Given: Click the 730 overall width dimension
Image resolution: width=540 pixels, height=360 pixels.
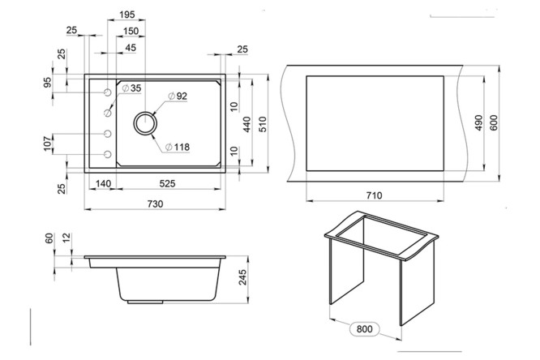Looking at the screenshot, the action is pos(155,204).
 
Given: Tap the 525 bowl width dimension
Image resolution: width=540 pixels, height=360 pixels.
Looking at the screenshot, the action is pos(167,183).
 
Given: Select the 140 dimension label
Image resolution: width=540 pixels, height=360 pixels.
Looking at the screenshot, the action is pos(103,183).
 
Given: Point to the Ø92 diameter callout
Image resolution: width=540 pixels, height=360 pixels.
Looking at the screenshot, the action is pos(178,96).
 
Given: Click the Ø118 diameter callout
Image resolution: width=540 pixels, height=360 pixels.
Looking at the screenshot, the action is pos(178,147).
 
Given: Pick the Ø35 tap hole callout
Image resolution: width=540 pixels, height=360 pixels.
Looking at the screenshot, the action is pos(131,88).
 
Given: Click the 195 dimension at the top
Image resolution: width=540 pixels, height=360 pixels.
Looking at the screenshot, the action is pos(127,15).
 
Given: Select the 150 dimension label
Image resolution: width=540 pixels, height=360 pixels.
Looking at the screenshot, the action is pos(131,31).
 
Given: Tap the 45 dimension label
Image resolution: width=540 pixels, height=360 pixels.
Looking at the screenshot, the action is pos(131,48).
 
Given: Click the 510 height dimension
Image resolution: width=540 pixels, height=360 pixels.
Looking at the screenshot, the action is pos(263,125).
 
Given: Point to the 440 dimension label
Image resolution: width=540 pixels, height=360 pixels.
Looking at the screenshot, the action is pos(247,125).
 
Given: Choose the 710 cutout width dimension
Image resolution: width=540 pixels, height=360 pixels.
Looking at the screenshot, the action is pos(375,195).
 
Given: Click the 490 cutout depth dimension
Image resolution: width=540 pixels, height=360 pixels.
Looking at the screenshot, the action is pos(478,123).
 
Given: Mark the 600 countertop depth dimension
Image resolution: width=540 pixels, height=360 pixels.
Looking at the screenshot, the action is pos(494,123).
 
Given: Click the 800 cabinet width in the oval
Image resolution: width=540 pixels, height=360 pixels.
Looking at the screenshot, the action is pos(364,329).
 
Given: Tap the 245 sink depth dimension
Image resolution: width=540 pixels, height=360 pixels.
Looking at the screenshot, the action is pos(242,277).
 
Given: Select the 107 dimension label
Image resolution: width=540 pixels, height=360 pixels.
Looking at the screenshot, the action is pos(48,144).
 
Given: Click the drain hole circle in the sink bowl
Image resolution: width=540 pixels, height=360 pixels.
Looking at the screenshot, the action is pos(145,123).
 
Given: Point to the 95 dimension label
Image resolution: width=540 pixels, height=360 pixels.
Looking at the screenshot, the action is pos(48,83).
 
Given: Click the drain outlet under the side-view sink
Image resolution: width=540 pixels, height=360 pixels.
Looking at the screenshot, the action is pos(145,302).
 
